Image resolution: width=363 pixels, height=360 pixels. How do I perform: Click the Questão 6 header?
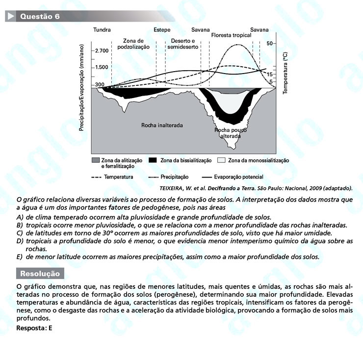point(40,17)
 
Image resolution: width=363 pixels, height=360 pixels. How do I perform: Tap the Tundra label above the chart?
point(102,30)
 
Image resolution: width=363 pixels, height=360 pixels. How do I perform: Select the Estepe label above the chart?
point(162,30)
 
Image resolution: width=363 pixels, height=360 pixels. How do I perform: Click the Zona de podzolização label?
point(133,44)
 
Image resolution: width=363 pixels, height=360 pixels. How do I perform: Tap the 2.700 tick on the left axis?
point(102,51)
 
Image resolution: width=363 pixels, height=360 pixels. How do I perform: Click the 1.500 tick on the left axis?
point(102,67)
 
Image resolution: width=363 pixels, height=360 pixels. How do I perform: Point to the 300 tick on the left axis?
point(100,85)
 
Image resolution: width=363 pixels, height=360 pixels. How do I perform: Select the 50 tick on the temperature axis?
point(270,44)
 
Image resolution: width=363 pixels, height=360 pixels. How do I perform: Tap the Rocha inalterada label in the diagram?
point(162,126)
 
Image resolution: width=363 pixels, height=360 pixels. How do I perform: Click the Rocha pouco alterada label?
point(231,133)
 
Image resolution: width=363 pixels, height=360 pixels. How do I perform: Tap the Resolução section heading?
point(40,274)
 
